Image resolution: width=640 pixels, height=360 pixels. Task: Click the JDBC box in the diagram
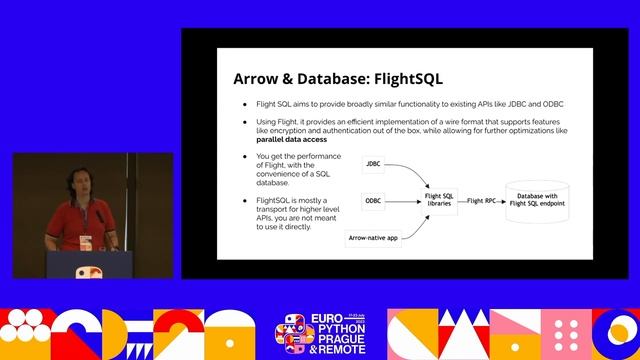click(x=373, y=164)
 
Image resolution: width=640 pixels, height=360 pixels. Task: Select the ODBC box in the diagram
click(x=373, y=201)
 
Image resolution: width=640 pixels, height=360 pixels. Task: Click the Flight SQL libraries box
click(x=441, y=201)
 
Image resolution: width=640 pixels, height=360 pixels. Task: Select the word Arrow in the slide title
click(x=257, y=79)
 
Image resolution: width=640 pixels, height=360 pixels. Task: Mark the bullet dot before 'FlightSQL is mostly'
click(x=244, y=201)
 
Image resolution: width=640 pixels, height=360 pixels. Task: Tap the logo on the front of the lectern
click(x=87, y=271)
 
